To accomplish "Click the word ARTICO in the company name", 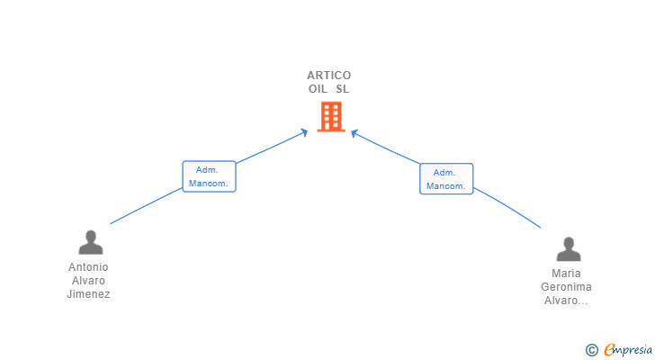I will pos(328,76).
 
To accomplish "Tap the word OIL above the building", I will pos(318,89).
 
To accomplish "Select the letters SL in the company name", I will pos(342,89).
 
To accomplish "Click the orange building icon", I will pos(330,116).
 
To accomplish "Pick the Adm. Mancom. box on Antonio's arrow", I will pos(209,176).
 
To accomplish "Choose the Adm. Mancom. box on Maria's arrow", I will pos(446,179).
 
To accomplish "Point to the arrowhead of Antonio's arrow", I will pos(305,133).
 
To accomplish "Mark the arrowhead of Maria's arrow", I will pos(354,133).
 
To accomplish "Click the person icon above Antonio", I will pos(90,242).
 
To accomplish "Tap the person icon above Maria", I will pos(568,248).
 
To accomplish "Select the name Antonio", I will pos(88,267).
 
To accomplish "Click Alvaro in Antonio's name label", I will pos(88,281).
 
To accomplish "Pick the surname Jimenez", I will pos(88,294).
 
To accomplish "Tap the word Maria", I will pos(567,274).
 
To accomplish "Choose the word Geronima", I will pos(567,287).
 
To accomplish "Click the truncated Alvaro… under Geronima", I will pos(567,301).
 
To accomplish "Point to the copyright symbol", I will pos(591,350).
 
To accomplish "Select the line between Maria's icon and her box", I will pos(507,208).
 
